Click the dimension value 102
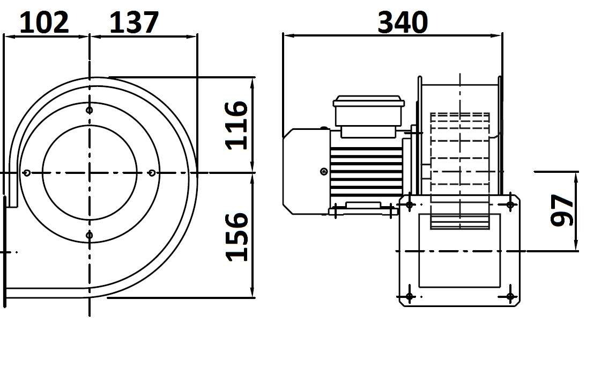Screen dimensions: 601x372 44,22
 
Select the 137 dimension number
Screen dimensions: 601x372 134,22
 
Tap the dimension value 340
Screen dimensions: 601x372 403,22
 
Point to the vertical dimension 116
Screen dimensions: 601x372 236,125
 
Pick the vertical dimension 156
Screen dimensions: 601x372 236,237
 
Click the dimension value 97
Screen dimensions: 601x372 562,210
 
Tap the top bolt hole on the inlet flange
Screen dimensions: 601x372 90,111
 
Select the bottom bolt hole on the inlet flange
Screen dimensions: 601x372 90,235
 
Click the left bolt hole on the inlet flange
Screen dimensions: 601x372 26,173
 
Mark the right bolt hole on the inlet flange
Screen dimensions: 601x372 152,173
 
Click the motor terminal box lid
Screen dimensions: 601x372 369,101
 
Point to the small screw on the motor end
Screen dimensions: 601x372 324,172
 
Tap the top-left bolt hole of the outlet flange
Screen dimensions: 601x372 410,205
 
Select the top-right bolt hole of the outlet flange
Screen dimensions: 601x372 510,205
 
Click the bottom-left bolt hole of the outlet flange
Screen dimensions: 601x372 410,296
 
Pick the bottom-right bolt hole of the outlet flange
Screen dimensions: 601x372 510,296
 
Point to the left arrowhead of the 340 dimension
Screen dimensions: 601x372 289,36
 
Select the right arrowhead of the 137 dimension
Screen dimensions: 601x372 191,37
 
